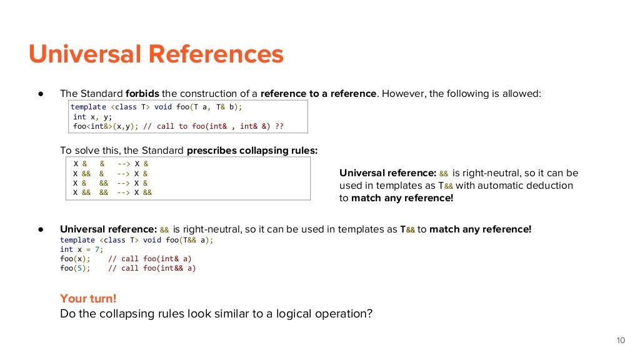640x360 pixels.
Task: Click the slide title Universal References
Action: click(x=156, y=54)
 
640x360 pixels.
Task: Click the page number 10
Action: click(x=620, y=341)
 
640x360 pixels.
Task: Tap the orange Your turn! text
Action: click(x=88, y=298)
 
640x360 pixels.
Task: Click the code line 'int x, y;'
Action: click(x=92, y=116)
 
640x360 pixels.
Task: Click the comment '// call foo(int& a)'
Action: click(x=150, y=259)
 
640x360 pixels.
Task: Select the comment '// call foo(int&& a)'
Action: click(x=152, y=268)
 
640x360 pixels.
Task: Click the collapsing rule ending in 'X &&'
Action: click(x=112, y=192)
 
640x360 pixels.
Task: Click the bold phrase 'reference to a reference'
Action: click(x=318, y=94)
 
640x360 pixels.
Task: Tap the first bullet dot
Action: click(x=41, y=94)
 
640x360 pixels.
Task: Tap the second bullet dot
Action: click(x=41, y=229)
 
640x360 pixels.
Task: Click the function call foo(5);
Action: click(x=75, y=268)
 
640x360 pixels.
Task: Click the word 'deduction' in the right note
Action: click(x=551, y=186)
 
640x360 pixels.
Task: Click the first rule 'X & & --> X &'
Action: click(x=111, y=164)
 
